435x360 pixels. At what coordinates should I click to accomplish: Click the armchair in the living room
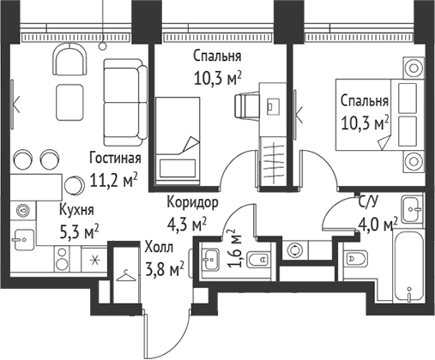70,62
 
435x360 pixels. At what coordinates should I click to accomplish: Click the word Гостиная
115,159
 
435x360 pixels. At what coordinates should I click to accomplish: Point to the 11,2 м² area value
114,180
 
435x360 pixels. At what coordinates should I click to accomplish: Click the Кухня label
77,208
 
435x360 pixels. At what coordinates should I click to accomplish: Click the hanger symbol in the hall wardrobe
127,276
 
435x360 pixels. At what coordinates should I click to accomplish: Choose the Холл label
164,248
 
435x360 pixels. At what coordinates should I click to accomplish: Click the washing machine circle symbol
298,251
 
